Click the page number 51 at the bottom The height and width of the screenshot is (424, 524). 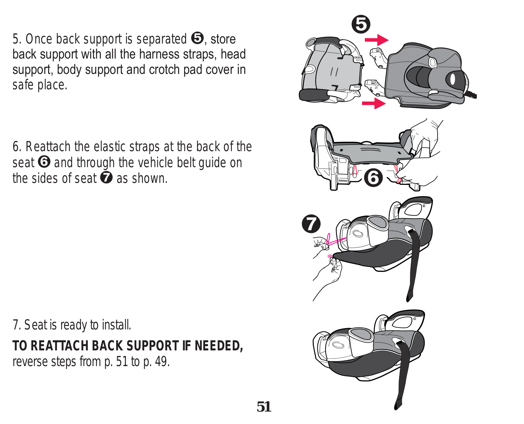pos(264,407)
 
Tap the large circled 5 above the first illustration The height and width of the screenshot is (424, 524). pos(361,24)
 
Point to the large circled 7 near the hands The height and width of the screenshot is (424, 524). pos(311,224)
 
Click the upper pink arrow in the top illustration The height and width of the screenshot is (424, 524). pos(377,40)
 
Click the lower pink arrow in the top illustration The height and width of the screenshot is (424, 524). pos(374,103)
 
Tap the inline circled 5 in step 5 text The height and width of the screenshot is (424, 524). pos(197,38)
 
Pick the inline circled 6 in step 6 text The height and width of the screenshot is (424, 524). pos(44,162)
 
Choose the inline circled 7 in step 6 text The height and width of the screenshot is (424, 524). pos(106,178)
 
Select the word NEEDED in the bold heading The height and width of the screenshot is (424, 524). pos(218,345)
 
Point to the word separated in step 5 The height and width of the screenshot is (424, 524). pos(161,39)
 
